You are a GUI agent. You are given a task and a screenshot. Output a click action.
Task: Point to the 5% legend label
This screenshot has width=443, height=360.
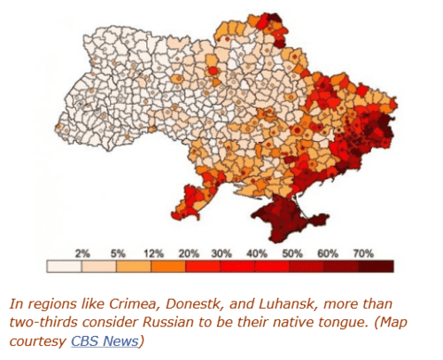pyautogui.click(x=117, y=254)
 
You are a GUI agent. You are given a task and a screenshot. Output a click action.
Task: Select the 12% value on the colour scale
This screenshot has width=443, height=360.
pyautogui.click(x=152, y=254)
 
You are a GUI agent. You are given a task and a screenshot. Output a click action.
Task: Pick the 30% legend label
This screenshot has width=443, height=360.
pyautogui.click(x=221, y=254)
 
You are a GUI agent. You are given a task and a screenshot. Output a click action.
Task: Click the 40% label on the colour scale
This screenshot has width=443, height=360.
pyautogui.click(x=257, y=254)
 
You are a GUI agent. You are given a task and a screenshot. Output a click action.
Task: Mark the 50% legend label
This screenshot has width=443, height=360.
pyautogui.click(x=292, y=254)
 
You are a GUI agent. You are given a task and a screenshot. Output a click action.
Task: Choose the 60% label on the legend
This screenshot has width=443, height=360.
pyautogui.click(x=327, y=254)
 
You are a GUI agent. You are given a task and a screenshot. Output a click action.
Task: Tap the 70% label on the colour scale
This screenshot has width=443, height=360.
pyautogui.click(x=362, y=254)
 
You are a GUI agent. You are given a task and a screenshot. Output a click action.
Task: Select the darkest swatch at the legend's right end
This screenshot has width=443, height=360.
pyautogui.click(x=377, y=266)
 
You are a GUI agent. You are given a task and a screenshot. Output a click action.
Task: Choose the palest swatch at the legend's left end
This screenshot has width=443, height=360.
pyautogui.click(x=64, y=266)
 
